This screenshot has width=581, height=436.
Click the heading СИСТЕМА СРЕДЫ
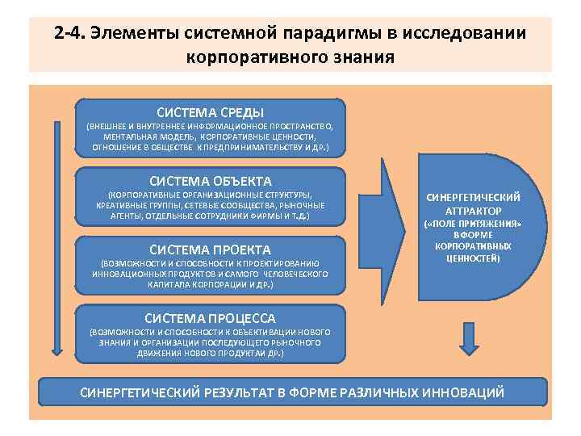[x=210, y=112]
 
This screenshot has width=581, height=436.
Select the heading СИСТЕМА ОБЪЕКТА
[x=211, y=181]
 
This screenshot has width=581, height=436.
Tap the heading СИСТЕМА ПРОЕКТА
[x=211, y=249]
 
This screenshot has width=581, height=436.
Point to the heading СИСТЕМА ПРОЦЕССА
[x=210, y=317]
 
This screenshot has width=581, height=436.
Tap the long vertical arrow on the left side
[x=56, y=234]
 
